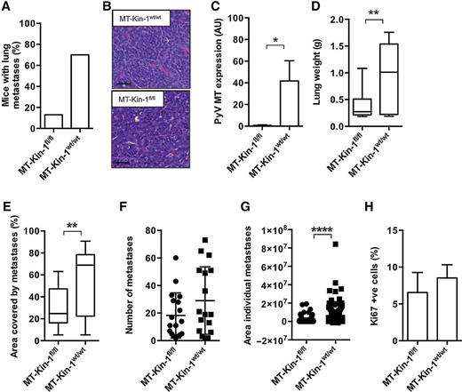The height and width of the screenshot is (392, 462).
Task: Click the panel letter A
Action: point(7,8)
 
